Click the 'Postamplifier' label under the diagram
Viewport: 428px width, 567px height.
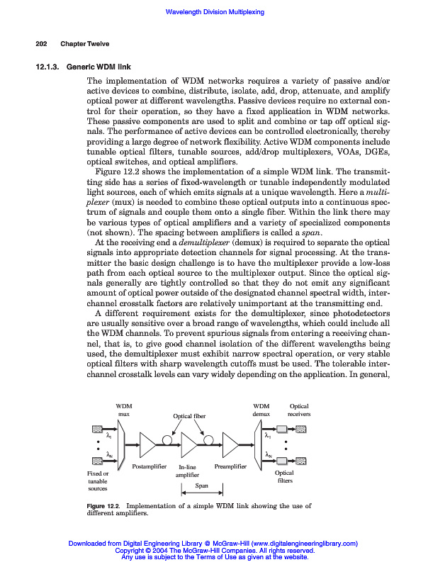[x=150, y=467]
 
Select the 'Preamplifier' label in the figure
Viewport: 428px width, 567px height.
[x=230, y=467]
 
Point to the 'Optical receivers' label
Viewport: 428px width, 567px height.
[x=299, y=410]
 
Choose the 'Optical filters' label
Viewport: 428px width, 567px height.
[x=284, y=477]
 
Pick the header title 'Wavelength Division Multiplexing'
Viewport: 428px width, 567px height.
[x=214, y=13]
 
